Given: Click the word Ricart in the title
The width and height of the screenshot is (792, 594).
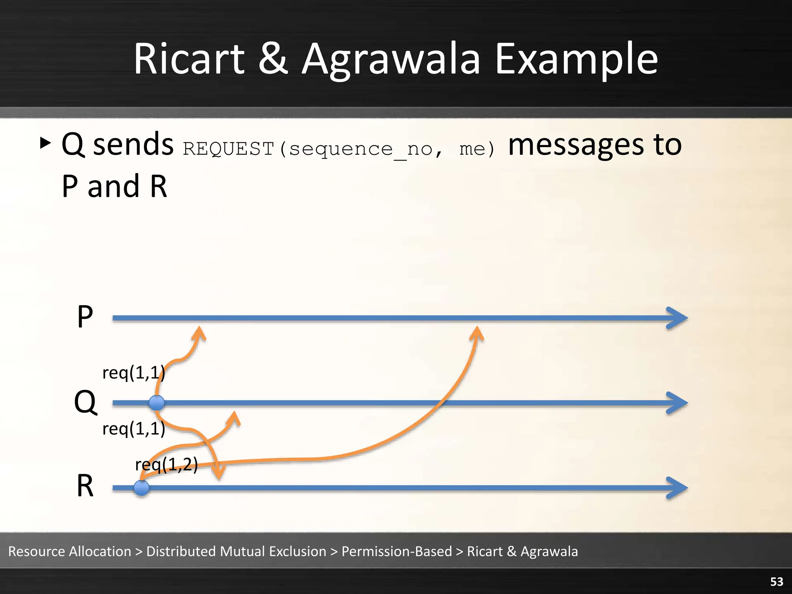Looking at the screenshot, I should tap(189, 60).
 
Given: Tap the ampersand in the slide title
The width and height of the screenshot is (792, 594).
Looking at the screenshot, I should tap(273, 60).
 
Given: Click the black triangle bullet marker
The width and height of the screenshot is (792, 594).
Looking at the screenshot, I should tap(45, 143).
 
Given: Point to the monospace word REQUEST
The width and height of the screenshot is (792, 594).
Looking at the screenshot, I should tap(228, 149).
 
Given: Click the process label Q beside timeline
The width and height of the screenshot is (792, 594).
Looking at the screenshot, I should tap(85, 402).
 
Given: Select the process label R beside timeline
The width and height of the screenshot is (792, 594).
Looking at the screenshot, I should tap(85, 486).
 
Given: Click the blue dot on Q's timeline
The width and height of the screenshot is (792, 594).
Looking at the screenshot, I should tap(157, 403).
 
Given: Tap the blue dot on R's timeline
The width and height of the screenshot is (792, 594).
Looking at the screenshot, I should tap(141, 488).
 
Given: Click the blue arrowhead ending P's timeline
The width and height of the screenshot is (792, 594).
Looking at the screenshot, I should tap(677, 318).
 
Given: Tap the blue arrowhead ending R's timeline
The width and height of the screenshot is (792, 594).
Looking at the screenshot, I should tap(677, 488).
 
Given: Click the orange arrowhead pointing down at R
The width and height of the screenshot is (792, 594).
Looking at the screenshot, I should tap(219, 473).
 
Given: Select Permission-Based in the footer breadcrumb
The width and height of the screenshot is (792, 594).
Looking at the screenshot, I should tap(397, 551).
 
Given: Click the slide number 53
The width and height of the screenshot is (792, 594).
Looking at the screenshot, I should tap(777, 582).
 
